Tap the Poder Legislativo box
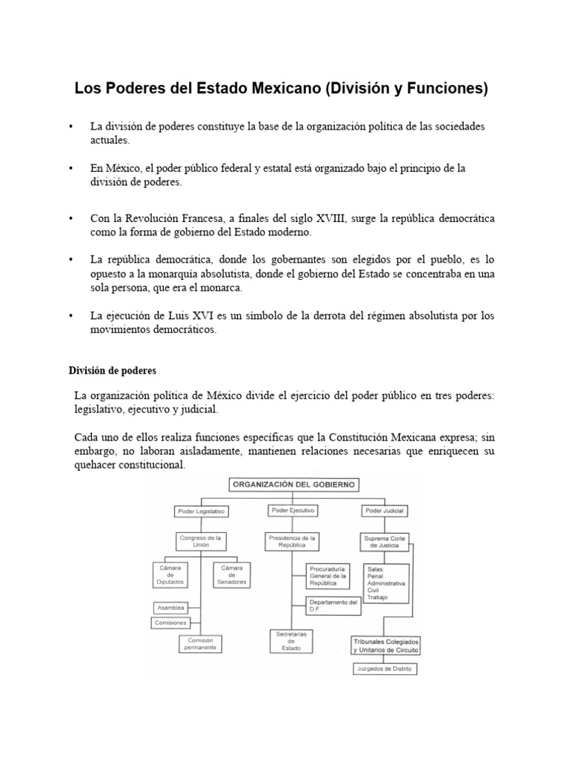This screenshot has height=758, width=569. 200,511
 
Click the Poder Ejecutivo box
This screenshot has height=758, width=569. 293,511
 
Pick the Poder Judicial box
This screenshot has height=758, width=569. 385,511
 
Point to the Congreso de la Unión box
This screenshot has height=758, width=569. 201,540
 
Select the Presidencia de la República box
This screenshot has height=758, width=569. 293,541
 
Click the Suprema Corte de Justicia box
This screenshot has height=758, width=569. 385,541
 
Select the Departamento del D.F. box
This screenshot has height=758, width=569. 334,606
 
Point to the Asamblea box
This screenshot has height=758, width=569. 170,608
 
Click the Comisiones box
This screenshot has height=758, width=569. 170,623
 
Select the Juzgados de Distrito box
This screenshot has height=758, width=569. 385,670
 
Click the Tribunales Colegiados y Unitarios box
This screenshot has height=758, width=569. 385,644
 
